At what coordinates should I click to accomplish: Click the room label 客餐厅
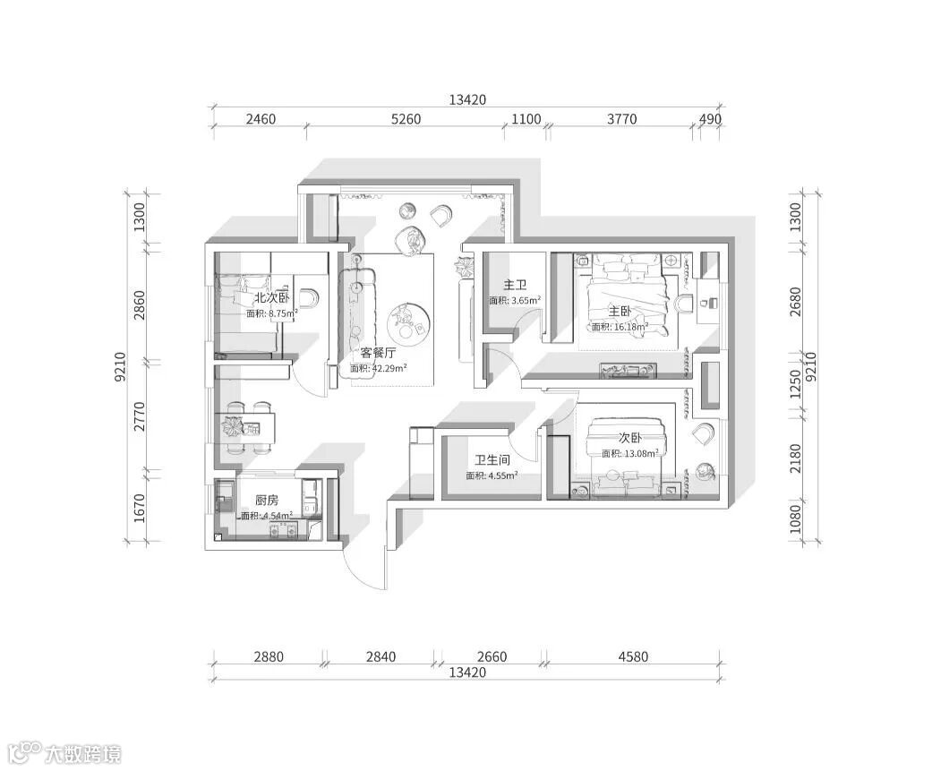(378, 353)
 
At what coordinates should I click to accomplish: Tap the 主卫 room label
(515, 286)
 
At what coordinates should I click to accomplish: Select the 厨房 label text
(267, 501)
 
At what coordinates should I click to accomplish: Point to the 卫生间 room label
(492, 460)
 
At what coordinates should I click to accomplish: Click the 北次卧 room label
(271, 297)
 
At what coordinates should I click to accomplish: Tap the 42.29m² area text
(389, 369)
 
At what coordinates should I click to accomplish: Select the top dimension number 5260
(406, 119)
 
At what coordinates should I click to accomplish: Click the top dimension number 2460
(261, 119)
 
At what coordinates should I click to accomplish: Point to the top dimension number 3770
(621, 119)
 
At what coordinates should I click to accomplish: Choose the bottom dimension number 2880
(269, 657)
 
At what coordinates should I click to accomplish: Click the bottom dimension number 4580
(633, 657)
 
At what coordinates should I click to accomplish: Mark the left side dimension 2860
(140, 305)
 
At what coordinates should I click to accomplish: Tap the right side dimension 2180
(796, 458)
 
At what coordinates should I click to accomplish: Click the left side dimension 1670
(140, 509)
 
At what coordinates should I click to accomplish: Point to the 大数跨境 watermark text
(83, 755)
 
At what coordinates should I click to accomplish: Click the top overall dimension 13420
(467, 100)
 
